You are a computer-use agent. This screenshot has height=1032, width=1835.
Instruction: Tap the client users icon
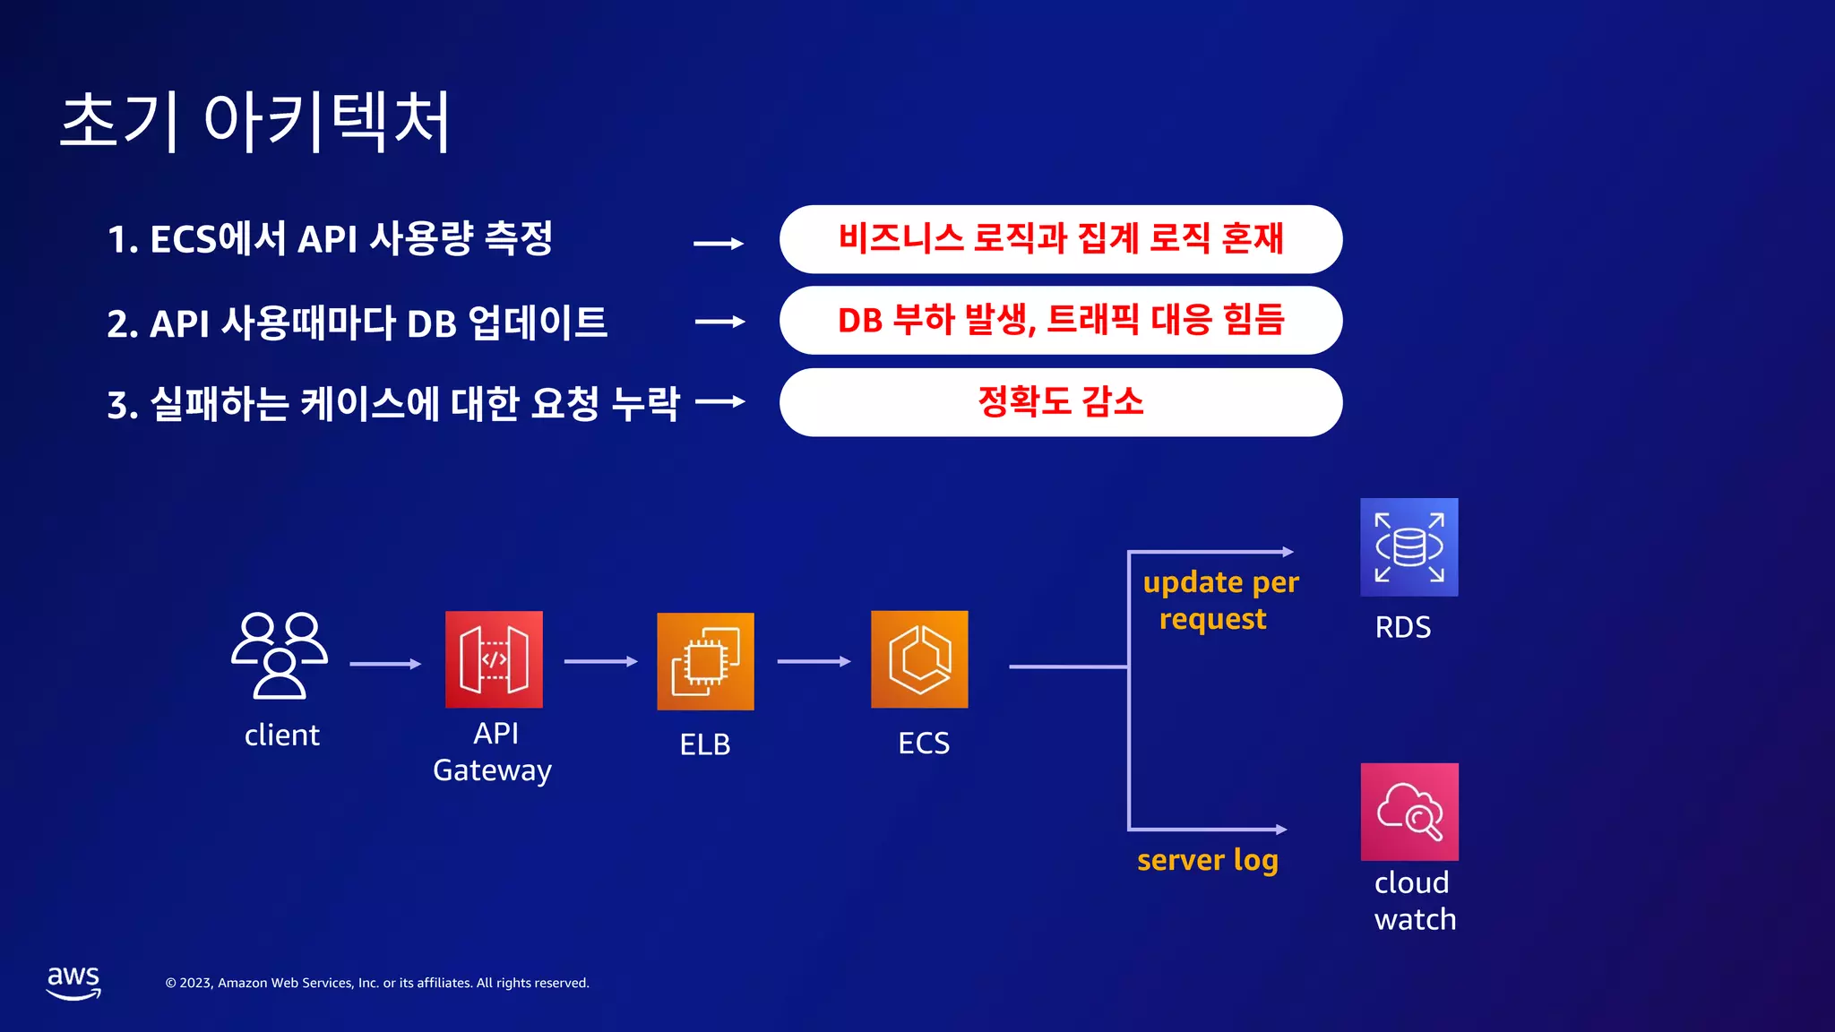click(x=279, y=655)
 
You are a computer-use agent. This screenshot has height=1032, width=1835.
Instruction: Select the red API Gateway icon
click(x=494, y=660)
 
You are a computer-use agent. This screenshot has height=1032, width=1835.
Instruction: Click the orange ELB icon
click(x=705, y=661)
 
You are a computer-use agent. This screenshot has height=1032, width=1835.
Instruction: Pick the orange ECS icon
click(x=919, y=659)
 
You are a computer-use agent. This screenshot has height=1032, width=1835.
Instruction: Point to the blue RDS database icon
click(x=1409, y=547)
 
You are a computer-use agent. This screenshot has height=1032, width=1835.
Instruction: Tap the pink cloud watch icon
click(x=1409, y=812)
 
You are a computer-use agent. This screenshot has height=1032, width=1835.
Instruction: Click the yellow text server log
click(x=1207, y=860)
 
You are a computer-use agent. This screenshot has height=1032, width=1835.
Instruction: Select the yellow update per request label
click(x=1219, y=600)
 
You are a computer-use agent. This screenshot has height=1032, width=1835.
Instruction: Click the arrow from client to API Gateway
click(x=384, y=664)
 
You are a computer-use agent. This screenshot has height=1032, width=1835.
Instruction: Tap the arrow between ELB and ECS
click(x=814, y=662)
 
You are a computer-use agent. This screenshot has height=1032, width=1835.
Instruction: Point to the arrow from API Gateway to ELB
click(x=600, y=662)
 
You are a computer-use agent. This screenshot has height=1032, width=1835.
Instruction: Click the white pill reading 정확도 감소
click(x=1060, y=402)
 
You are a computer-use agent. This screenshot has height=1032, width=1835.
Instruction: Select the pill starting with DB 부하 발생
click(x=1060, y=321)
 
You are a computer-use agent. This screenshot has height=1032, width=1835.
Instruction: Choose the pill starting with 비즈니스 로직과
click(x=1060, y=239)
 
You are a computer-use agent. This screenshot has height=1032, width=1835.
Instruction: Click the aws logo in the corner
click(x=73, y=982)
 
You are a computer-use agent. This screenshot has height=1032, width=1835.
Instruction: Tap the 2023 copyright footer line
click(x=377, y=983)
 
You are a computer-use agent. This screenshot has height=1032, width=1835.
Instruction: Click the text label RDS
click(x=1402, y=627)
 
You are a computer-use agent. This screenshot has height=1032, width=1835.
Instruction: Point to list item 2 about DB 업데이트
click(x=357, y=323)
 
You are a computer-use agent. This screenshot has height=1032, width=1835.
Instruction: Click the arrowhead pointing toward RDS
click(x=1288, y=552)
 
